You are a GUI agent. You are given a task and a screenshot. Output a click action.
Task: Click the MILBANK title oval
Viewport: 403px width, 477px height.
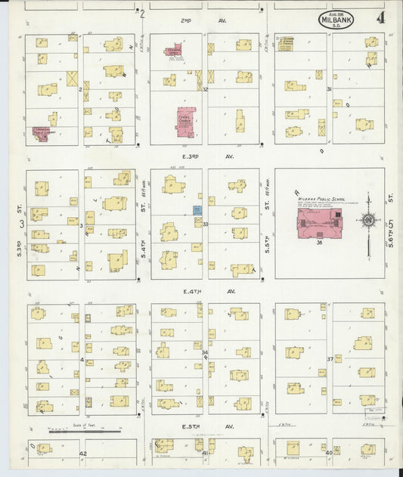click(336, 19)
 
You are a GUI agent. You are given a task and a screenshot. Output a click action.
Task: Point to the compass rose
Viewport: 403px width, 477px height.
click(369, 221)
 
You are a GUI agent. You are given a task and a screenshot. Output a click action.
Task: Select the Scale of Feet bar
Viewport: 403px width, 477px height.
click(83, 431)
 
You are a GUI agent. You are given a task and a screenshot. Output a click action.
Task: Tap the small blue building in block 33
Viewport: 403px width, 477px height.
click(197, 209)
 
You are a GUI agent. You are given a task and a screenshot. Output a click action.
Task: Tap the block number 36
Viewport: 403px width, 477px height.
click(320, 243)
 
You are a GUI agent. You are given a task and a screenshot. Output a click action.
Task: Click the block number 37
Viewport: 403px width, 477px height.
click(330, 358)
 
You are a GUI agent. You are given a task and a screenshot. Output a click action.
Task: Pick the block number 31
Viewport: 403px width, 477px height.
click(329, 89)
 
